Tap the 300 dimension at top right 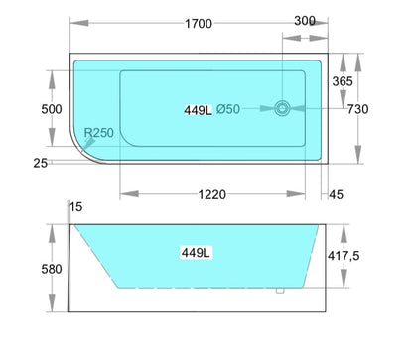[x=305, y=18]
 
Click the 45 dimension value [x=336, y=195]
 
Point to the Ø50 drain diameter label [x=227, y=109]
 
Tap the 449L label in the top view [x=196, y=109]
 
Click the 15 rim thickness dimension [x=77, y=207]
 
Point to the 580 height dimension [x=52, y=269]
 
